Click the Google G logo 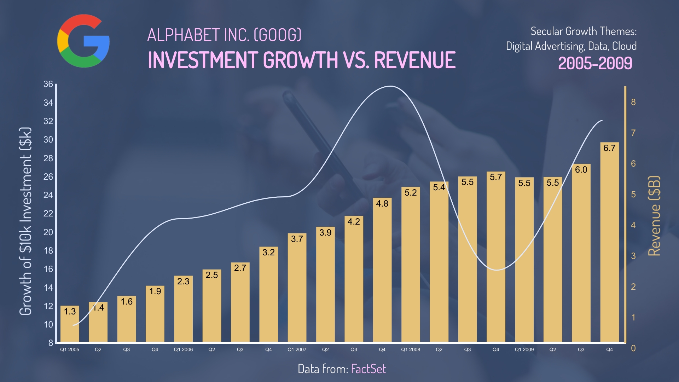click(83, 41)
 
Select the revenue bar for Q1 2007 click(297, 290)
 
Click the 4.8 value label click(382, 204)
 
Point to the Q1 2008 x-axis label click(411, 349)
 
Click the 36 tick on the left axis click(48, 84)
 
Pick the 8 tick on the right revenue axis click(633, 102)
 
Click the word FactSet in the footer click(368, 369)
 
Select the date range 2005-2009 click(595, 63)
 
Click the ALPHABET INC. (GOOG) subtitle click(224, 35)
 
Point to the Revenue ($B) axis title click(654, 216)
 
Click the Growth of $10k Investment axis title click(25, 221)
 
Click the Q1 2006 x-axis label click(183, 349)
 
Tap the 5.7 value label click(496, 177)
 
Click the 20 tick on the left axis click(48, 232)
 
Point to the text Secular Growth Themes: click(584, 31)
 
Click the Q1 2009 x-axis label click(524, 349)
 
